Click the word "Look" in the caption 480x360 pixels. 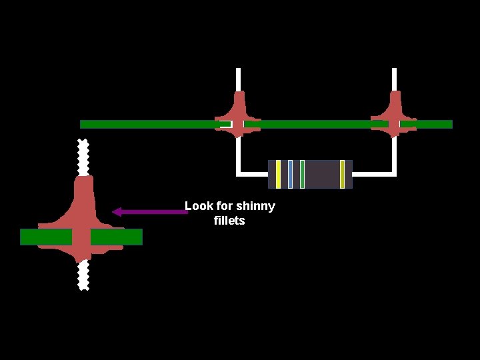(x=199, y=206)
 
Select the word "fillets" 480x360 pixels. (x=229, y=221)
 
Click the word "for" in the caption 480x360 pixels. (x=225, y=206)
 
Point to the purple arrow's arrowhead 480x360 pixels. (x=117, y=212)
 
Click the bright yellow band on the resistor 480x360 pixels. (x=278, y=174)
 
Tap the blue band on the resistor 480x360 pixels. (x=290, y=174)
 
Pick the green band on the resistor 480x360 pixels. (x=302, y=174)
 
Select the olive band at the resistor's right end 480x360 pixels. (x=342, y=174)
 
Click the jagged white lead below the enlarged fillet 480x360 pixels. (x=83, y=275)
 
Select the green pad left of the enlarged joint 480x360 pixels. (x=45, y=237)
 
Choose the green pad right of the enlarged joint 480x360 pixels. (x=117, y=237)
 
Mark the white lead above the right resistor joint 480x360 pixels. (x=395, y=79)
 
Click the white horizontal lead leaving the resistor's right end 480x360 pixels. (x=373, y=174)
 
